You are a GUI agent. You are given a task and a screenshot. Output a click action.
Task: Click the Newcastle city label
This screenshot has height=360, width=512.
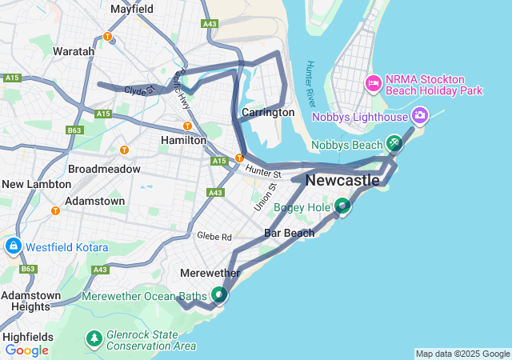342,181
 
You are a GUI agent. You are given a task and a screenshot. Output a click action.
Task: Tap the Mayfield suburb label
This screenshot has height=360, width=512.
132,10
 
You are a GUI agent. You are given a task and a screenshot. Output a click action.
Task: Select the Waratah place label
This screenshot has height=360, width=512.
74,51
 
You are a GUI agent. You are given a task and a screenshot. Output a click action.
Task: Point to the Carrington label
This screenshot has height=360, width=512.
268,113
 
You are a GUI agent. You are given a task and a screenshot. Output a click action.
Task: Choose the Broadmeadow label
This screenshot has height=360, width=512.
104,170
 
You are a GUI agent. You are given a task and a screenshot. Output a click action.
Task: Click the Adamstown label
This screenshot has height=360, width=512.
94,201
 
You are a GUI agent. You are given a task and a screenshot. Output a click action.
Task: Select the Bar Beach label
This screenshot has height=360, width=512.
289,233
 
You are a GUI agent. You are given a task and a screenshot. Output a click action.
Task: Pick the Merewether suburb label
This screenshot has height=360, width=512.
210,273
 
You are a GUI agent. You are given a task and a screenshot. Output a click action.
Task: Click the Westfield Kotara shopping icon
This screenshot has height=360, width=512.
13,246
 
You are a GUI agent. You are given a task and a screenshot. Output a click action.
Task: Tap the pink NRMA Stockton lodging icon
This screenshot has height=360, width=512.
373,82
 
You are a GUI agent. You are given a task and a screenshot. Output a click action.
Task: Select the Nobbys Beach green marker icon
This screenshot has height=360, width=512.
394,143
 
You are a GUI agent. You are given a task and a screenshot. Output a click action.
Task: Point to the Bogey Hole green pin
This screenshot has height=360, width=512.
342,206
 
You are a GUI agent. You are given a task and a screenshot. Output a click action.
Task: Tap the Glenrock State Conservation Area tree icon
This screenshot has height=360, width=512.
94,339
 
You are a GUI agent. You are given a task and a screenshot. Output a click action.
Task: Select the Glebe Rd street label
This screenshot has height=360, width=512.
214,237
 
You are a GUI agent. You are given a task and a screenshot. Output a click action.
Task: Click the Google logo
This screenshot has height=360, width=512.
26,350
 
